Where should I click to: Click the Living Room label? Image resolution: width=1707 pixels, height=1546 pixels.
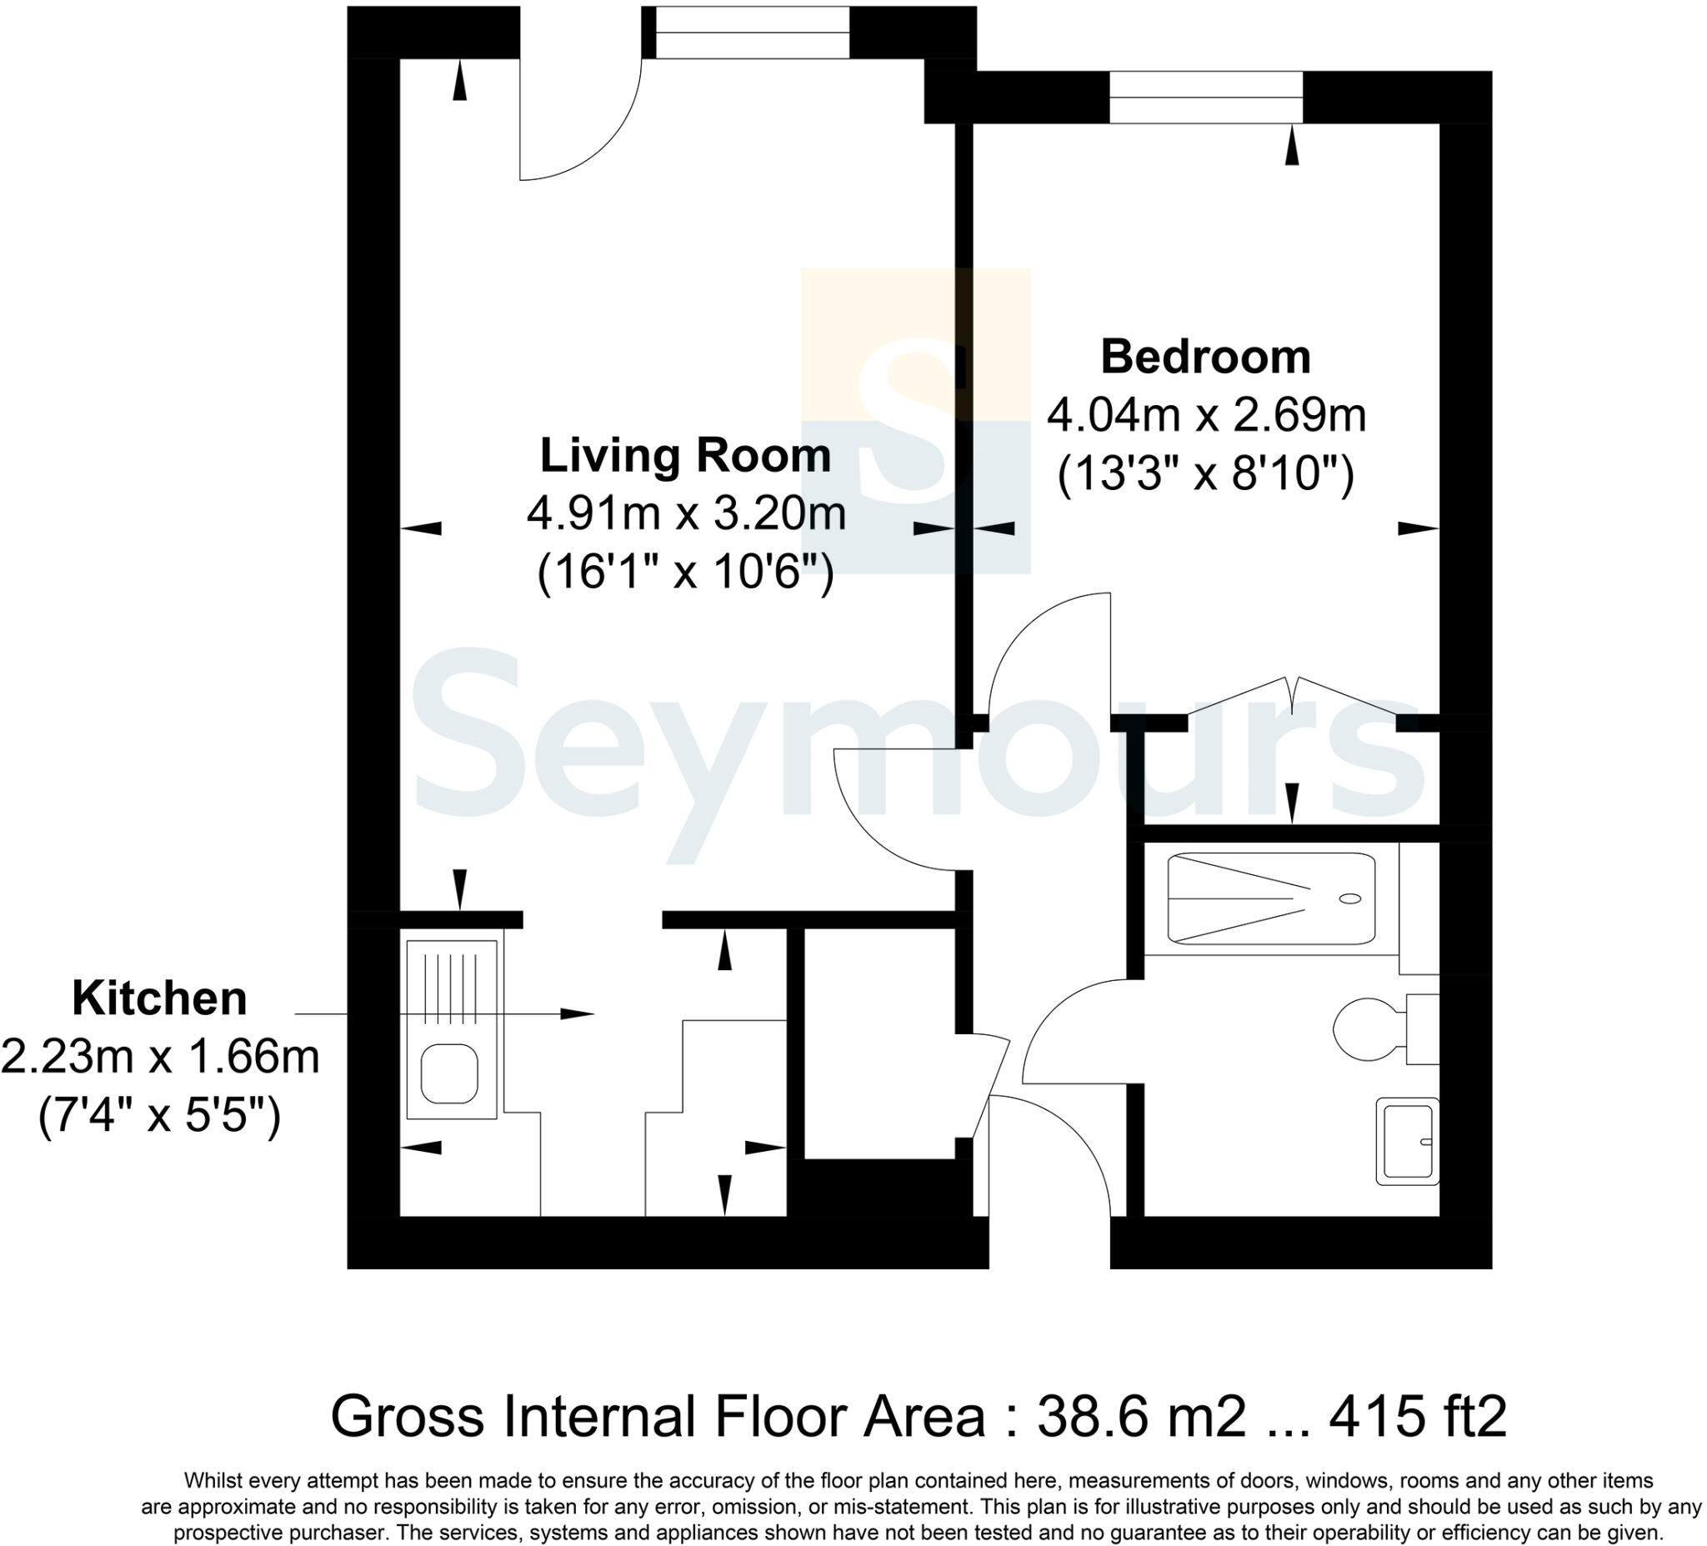click(685, 457)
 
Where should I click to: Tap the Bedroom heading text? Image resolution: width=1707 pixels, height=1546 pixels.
click(1205, 358)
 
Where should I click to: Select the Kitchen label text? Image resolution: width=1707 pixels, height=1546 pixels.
click(159, 999)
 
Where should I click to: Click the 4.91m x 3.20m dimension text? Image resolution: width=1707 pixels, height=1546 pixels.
click(686, 514)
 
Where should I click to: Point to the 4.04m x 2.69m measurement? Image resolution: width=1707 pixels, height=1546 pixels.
click(1206, 416)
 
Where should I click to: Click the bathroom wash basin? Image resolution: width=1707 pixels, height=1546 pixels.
click(1406, 1141)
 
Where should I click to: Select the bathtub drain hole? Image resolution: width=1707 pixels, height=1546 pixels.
click(1350, 898)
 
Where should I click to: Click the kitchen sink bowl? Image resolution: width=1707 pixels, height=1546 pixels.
click(449, 1073)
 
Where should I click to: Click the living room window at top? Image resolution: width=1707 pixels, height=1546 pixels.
click(752, 33)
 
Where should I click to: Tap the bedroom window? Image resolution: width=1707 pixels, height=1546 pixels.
click(1205, 98)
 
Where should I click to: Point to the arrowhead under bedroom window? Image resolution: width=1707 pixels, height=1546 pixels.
click(1291, 148)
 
